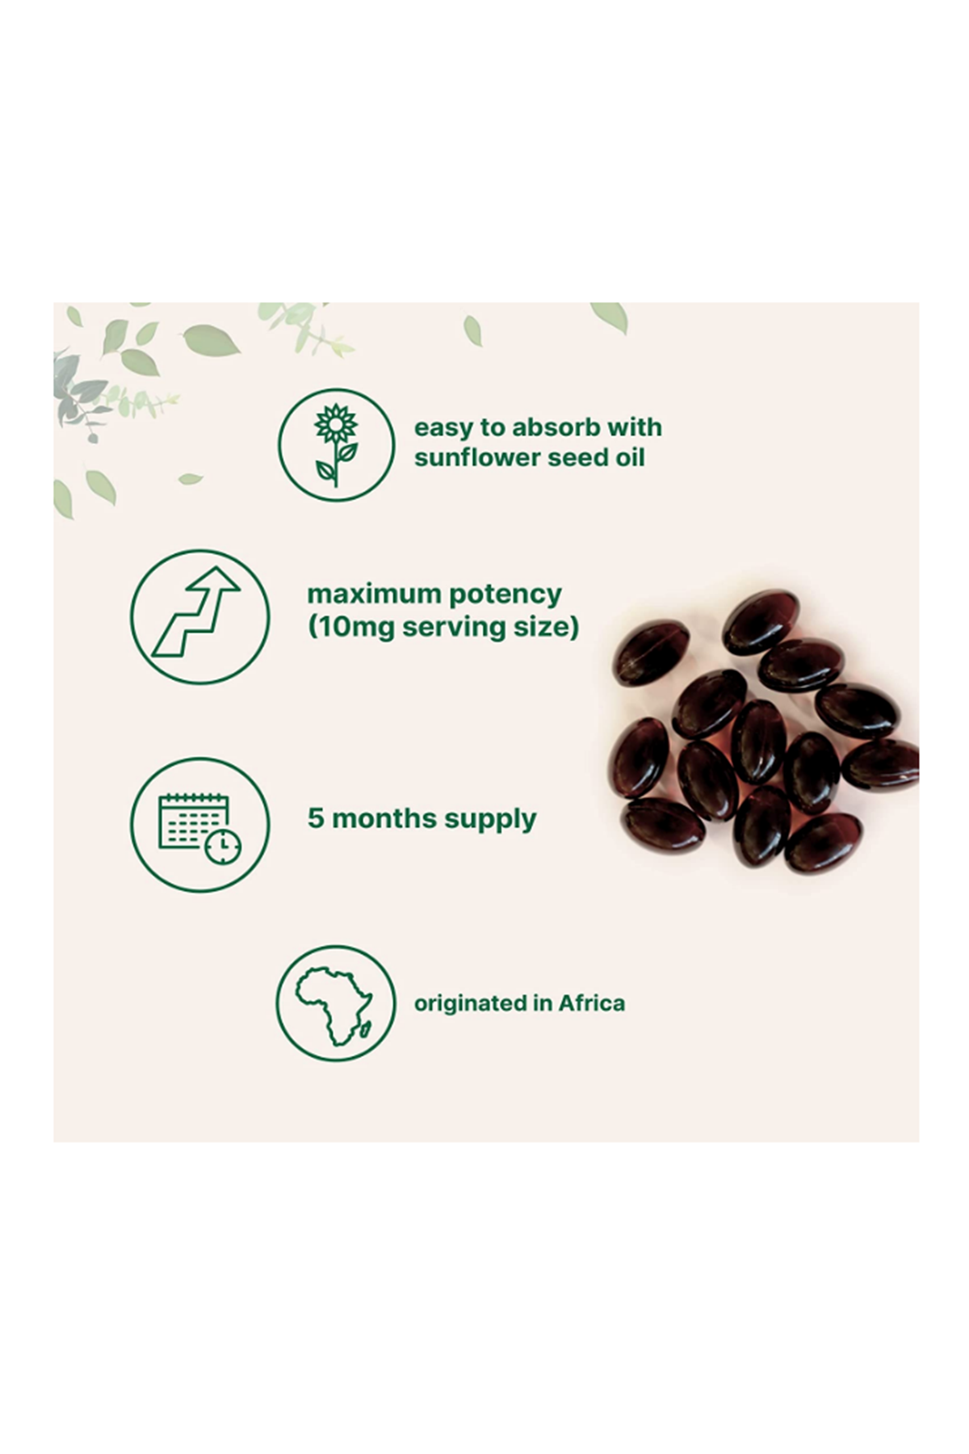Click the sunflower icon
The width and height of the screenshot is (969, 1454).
coord(336,445)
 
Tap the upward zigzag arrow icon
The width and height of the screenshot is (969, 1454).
coord(196,611)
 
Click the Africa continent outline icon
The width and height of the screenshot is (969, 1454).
coord(334,1006)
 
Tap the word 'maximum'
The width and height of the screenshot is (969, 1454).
coord(374,594)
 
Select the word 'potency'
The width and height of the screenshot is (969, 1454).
coord(505,595)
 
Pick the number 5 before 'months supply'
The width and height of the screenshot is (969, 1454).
coord(315,817)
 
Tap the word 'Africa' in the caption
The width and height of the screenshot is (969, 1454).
coord(592,1003)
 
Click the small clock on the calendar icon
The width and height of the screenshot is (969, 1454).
coord(222,846)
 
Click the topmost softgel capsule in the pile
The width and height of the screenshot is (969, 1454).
coord(761,621)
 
